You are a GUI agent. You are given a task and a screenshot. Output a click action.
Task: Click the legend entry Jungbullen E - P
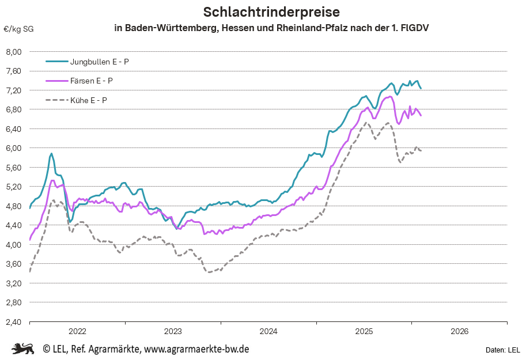pyautogui.click(x=99, y=61)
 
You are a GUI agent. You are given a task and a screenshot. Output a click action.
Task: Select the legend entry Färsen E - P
pyautogui.click(x=92, y=81)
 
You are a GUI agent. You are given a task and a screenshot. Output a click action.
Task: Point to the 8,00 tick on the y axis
pyautogui.click(x=13, y=52)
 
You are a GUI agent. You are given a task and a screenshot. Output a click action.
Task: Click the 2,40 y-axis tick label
pyautogui.click(x=13, y=321)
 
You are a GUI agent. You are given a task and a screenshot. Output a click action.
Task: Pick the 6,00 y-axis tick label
pyautogui.click(x=13, y=148)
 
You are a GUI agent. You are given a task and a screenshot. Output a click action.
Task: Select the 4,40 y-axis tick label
pyautogui.click(x=13, y=225)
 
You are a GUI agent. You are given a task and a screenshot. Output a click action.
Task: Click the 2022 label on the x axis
pyautogui.click(x=77, y=331)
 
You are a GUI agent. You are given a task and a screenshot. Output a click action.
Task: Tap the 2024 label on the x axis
pyautogui.click(x=268, y=331)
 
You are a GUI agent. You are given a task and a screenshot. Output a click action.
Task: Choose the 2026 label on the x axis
pyautogui.click(x=459, y=331)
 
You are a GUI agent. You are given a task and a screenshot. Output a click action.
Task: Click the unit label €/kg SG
pyautogui.click(x=18, y=29)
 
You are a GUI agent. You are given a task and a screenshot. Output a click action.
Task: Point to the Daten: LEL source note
pyautogui.click(x=502, y=350)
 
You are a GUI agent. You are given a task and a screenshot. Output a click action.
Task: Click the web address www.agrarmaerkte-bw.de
pyautogui.click(x=196, y=349)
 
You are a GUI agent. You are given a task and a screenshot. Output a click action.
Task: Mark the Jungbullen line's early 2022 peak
pyautogui.click(x=51, y=153)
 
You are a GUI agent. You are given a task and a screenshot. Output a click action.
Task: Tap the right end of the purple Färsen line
pyautogui.click(x=421, y=116)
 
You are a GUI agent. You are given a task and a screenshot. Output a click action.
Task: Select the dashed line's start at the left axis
pyautogui.click(x=30, y=271)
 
